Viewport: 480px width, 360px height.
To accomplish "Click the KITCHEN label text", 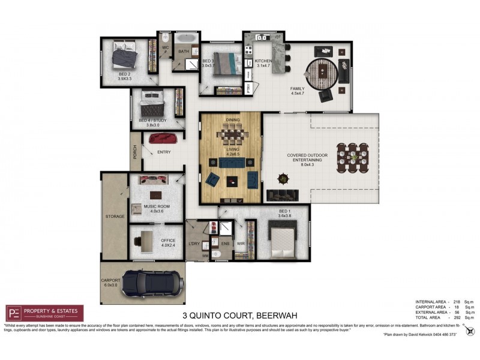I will click(x=264, y=62).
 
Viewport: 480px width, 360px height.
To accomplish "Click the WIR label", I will click(x=241, y=244).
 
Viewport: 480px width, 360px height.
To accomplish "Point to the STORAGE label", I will click(x=114, y=216).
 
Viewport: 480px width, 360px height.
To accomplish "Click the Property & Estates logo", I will click(x=44, y=313).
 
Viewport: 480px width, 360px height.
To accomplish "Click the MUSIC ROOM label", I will click(x=155, y=207).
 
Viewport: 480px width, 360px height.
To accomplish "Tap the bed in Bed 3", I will click(x=223, y=60).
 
